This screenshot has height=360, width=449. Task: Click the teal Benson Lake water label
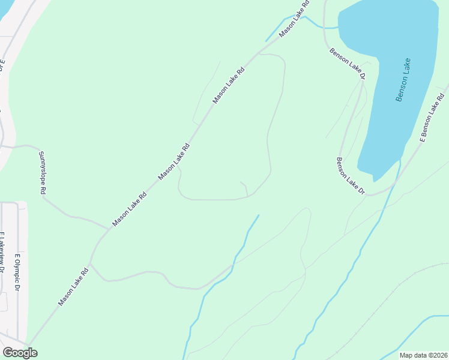click(403, 79)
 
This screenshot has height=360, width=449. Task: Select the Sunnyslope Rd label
click(43, 173)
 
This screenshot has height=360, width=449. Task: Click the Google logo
click(20, 353)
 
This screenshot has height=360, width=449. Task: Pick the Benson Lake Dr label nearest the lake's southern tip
click(351, 176)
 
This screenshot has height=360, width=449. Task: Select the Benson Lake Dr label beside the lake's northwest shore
click(347, 64)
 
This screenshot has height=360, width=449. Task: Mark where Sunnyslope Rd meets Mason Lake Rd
click(109, 229)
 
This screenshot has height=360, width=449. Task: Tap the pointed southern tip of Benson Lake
click(374, 180)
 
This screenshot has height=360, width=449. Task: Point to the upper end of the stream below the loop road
click(259, 215)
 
